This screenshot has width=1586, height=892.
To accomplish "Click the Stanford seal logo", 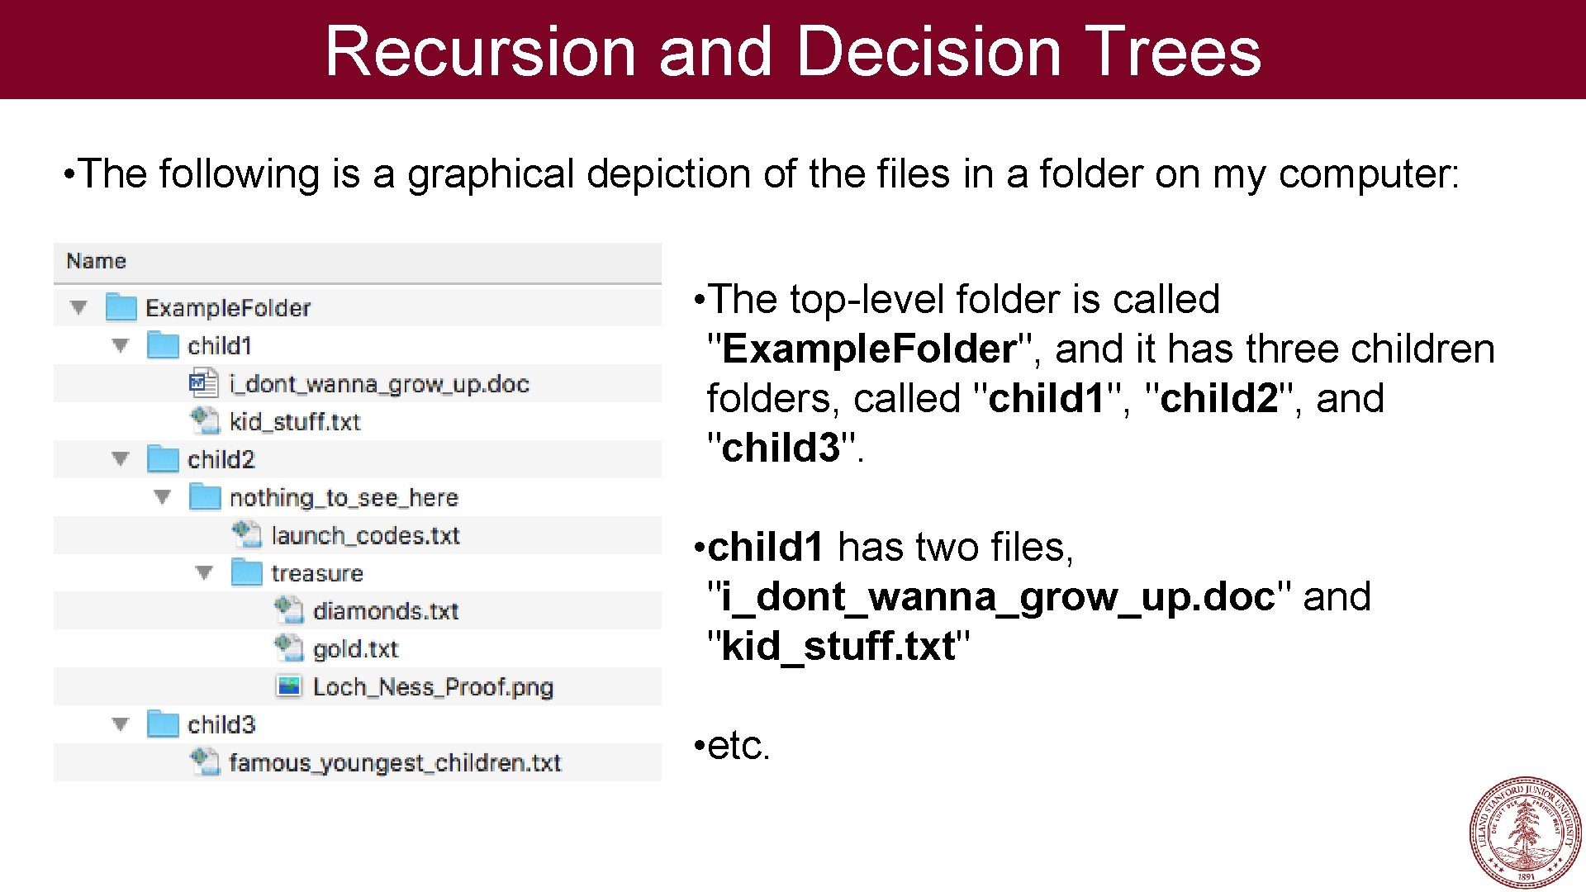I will pyautogui.click(x=1525, y=832).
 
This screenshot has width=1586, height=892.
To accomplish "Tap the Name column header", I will pyautogui.click(x=97, y=261).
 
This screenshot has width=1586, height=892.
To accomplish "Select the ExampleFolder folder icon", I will pyautogui.click(x=121, y=307).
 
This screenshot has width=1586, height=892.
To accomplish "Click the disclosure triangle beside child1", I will pyautogui.click(x=121, y=345).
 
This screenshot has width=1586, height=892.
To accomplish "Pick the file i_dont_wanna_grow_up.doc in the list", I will pyautogui.click(x=379, y=384).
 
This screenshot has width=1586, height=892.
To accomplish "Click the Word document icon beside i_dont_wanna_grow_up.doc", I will pyautogui.click(x=203, y=383).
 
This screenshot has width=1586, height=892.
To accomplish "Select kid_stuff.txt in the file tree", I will pyautogui.click(x=295, y=422).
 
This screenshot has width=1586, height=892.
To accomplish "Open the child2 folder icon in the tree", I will pyautogui.click(x=163, y=459).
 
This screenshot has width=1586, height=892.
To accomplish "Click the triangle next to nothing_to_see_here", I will pyautogui.click(x=163, y=497).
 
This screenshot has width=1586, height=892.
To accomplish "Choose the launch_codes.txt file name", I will pyautogui.click(x=365, y=535).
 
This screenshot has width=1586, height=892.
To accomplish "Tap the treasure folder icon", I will pyautogui.click(x=246, y=572).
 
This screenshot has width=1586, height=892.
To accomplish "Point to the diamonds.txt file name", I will pyautogui.click(x=386, y=611).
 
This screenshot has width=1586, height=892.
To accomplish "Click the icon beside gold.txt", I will pyautogui.click(x=288, y=648).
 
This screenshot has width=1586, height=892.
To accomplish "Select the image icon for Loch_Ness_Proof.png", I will pyautogui.click(x=288, y=686).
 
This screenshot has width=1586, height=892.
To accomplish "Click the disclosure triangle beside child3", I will pyautogui.click(x=121, y=724).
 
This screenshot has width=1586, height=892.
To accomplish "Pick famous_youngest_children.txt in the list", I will pyautogui.click(x=395, y=762).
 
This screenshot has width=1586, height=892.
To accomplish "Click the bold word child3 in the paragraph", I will pyautogui.click(x=780, y=448).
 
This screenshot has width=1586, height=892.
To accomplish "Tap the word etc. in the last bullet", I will pyautogui.click(x=738, y=746).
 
